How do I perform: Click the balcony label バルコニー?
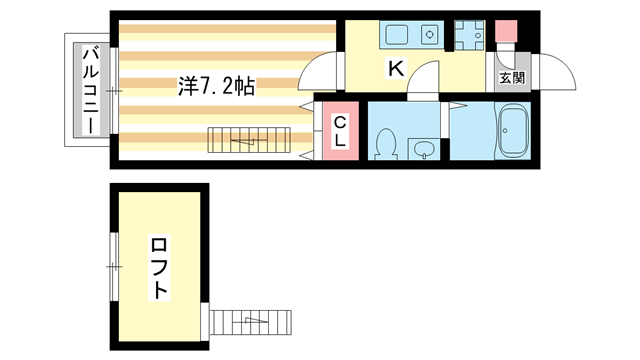click(x=89, y=89)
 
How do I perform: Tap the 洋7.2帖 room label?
click(x=216, y=86)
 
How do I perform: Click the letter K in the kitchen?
click(x=395, y=69)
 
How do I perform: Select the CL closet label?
click(x=340, y=132)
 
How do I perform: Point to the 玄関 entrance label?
click(x=512, y=78)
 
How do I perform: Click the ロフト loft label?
click(x=158, y=267)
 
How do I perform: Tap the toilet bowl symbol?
click(x=385, y=143)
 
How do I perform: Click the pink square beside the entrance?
click(x=506, y=31)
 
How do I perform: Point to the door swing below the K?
click(x=428, y=78)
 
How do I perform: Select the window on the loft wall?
click(x=113, y=256)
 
